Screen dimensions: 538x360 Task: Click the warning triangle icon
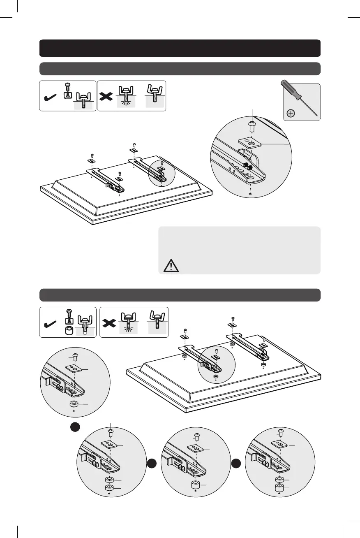[x=168, y=266]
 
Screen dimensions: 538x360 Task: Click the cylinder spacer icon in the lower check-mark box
[x=69, y=331]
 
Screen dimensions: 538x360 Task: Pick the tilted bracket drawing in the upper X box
[x=155, y=94]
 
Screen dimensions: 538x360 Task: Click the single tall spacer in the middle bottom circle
[x=195, y=485]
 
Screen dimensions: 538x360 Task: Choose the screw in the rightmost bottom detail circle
[x=281, y=432]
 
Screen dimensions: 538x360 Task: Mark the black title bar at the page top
[x=180, y=48]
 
